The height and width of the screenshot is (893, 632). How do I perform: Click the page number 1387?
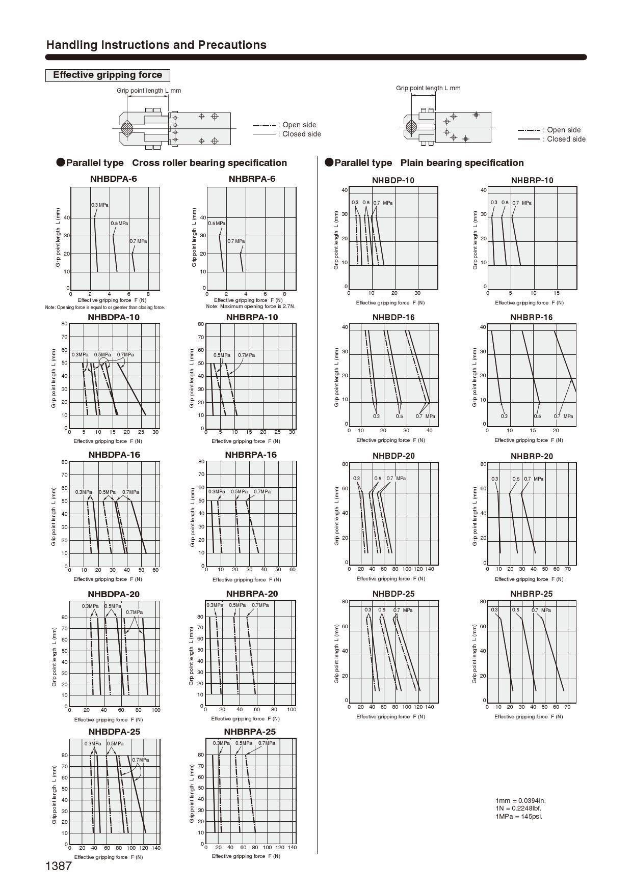point(59,866)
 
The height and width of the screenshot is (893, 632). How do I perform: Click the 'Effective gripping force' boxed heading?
point(108,75)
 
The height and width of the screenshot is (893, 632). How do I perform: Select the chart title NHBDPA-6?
point(113,179)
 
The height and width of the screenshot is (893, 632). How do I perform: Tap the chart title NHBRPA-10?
point(252,317)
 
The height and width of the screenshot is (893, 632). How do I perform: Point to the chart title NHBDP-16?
point(393,317)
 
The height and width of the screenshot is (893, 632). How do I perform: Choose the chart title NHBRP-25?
point(531,594)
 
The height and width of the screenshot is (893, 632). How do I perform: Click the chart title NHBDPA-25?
point(114,732)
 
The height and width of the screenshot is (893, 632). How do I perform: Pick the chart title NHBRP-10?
point(532,180)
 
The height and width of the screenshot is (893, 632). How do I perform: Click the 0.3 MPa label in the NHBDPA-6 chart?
point(100,205)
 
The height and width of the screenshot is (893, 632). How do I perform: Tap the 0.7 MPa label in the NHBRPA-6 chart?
point(236,241)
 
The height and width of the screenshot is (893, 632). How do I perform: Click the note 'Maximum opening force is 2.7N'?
point(251,306)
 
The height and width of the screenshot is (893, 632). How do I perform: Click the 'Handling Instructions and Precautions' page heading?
point(156,45)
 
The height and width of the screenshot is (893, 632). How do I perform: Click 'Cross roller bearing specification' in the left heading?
point(209,163)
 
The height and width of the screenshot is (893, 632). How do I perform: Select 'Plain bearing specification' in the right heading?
point(462,163)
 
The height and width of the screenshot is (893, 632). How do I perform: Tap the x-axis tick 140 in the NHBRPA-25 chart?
point(292,847)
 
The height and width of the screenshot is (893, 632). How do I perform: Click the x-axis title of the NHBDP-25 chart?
point(390,716)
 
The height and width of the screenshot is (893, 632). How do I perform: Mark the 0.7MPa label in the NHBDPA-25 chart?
point(141,760)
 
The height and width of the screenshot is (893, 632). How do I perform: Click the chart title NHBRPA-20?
point(252,594)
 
